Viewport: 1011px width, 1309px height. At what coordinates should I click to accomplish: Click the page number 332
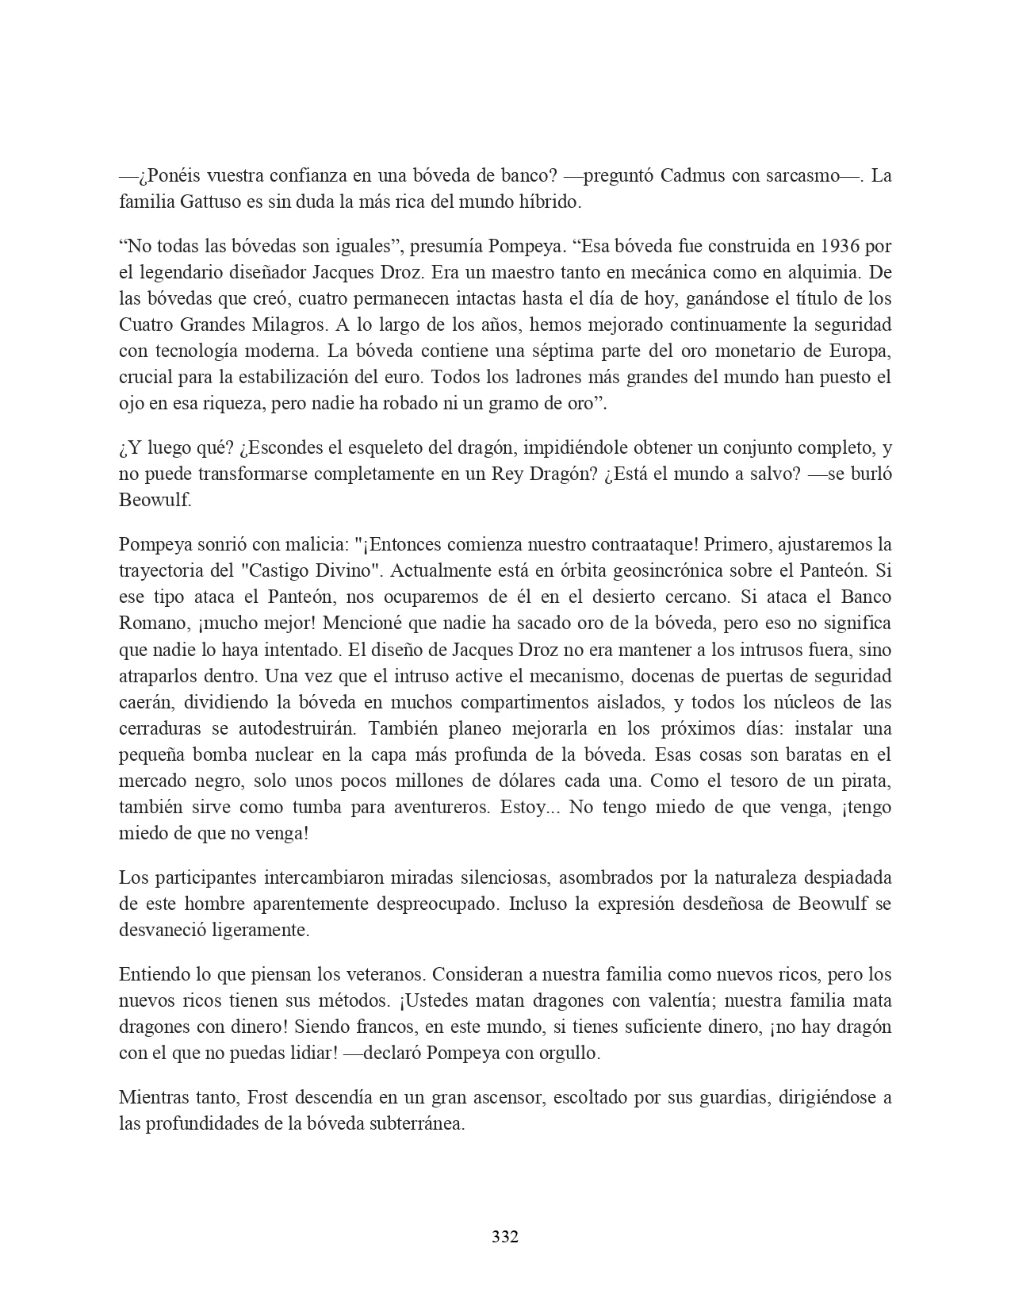[505, 1237]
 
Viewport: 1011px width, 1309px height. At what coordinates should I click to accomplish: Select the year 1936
[841, 246]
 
